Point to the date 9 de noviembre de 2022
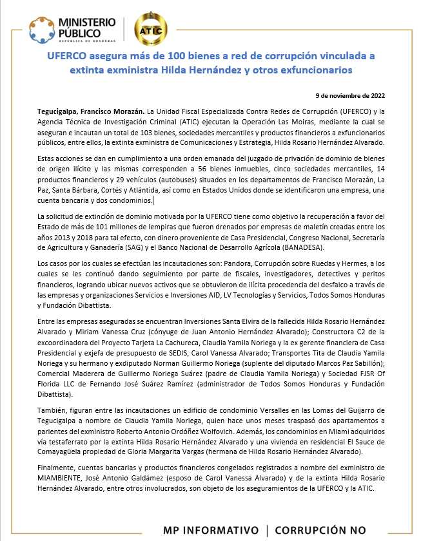353,95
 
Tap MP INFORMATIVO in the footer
210,530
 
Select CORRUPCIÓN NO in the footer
320,530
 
